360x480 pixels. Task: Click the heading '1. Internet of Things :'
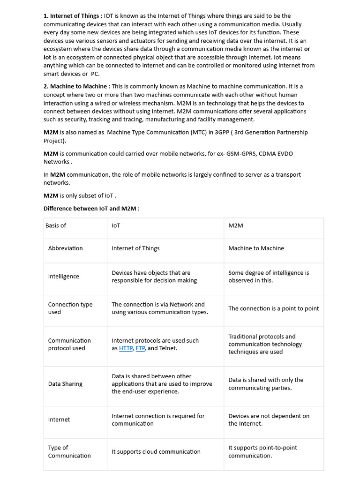point(73,16)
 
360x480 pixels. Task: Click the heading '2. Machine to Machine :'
point(77,86)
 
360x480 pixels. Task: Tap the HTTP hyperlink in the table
point(126,348)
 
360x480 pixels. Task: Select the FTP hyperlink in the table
point(140,348)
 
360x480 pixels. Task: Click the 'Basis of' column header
point(56,225)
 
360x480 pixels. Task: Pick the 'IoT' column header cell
point(116,225)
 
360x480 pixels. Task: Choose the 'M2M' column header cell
point(236,225)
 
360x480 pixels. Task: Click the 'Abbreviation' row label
point(65,248)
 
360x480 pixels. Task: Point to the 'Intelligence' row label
point(64,277)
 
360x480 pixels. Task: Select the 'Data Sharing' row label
point(65,384)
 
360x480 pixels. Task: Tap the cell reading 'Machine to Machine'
point(256,248)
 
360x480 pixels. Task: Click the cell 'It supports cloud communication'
point(156,452)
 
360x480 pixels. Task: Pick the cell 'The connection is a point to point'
point(273,308)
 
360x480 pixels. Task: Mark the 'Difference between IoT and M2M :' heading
point(91,209)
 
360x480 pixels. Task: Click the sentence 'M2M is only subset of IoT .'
point(80,196)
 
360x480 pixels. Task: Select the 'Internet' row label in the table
point(59,420)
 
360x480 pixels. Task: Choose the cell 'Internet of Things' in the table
point(135,248)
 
